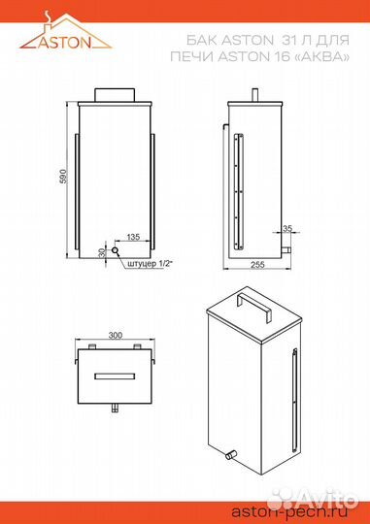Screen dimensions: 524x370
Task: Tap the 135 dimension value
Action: click(133, 236)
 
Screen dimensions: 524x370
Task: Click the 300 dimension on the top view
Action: click(116, 335)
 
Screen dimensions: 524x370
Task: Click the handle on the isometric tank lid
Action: click(252, 304)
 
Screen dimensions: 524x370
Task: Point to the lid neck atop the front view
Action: click(115, 94)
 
